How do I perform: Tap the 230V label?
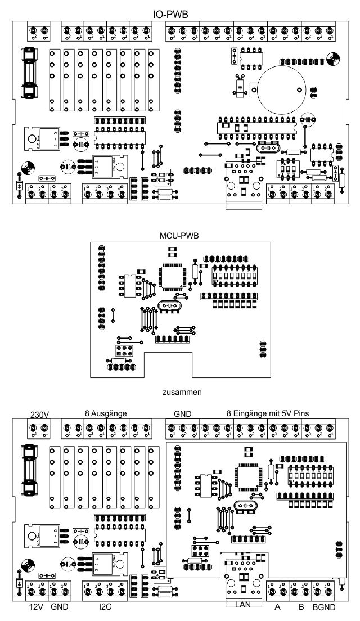click(x=39, y=415)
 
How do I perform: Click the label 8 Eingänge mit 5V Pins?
click(x=267, y=413)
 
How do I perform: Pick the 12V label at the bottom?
click(x=36, y=608)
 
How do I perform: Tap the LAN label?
click(x=244, y=604)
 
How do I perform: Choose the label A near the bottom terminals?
click(x=277, y=608)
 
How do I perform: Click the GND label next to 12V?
click(x=59, y=608)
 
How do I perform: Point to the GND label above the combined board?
click(x=183, y=413)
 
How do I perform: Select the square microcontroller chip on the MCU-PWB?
click(x=172, y=277)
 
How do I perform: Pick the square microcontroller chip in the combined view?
click(x=249, y=476)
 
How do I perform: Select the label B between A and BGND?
click(x=300, y=608)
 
